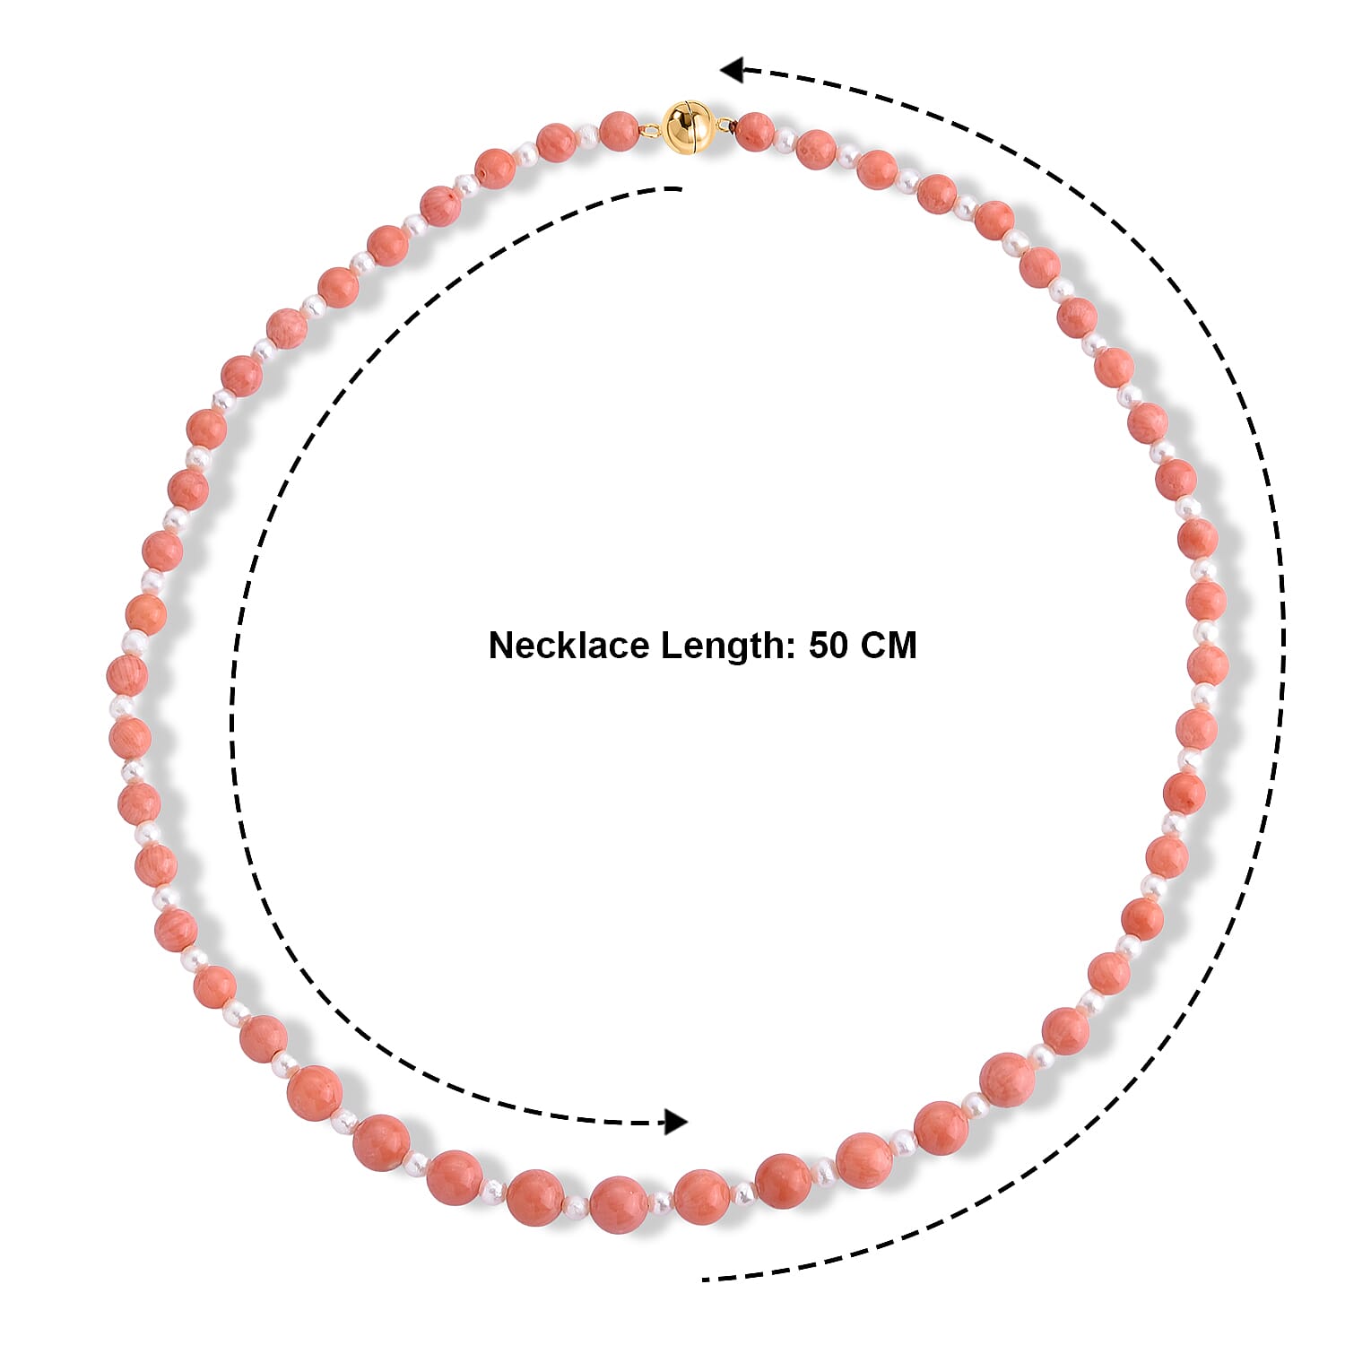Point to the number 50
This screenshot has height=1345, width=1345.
point(829,646)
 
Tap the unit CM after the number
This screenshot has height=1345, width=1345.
point(889,646)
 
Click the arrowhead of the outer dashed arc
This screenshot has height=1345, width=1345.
point(732,69)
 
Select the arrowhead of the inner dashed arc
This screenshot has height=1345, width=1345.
point(675,1121)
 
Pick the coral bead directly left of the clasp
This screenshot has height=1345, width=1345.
point(619,132)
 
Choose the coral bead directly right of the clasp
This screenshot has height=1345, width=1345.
point(755,132)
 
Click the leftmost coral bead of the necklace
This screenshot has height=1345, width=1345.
point(126,675)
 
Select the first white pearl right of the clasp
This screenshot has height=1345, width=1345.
point(785,139)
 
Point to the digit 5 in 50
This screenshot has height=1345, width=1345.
point(819,646)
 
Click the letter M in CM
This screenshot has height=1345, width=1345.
point(903,646)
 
